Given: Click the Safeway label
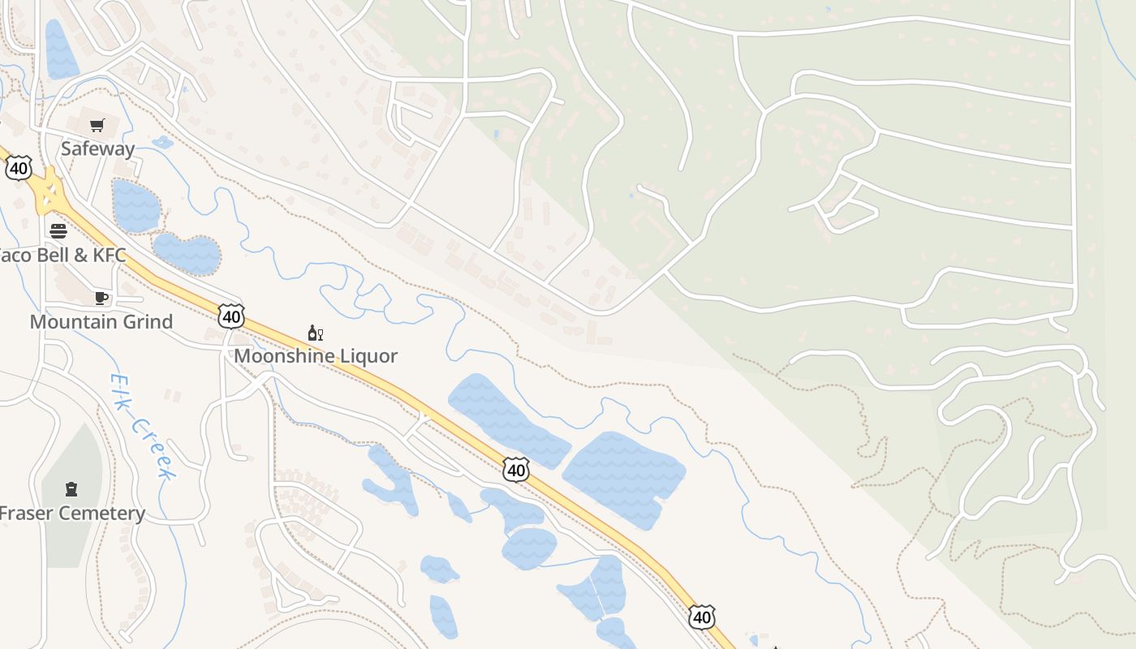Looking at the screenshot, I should (97, 148).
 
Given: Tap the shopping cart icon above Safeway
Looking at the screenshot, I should (97, 125).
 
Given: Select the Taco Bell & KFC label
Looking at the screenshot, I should (62, 255).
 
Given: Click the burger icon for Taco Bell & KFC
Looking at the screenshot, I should (58, 230).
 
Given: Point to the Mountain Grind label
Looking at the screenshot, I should (101, 321).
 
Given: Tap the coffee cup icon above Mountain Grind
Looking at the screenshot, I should (101, 298).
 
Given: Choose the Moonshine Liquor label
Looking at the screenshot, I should (316, 355).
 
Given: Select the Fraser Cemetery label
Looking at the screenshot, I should (71, 513).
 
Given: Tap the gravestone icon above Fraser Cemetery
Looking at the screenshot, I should (71, 488).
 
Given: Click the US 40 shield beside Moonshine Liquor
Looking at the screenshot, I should (231, 316).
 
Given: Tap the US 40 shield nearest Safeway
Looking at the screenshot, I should (18, 168).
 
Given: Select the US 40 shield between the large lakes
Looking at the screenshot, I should (516, 469).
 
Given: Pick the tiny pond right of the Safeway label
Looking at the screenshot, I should (162, 143).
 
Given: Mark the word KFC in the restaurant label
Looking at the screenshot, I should (108, 255).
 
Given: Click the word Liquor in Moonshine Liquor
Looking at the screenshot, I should (368, 355).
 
